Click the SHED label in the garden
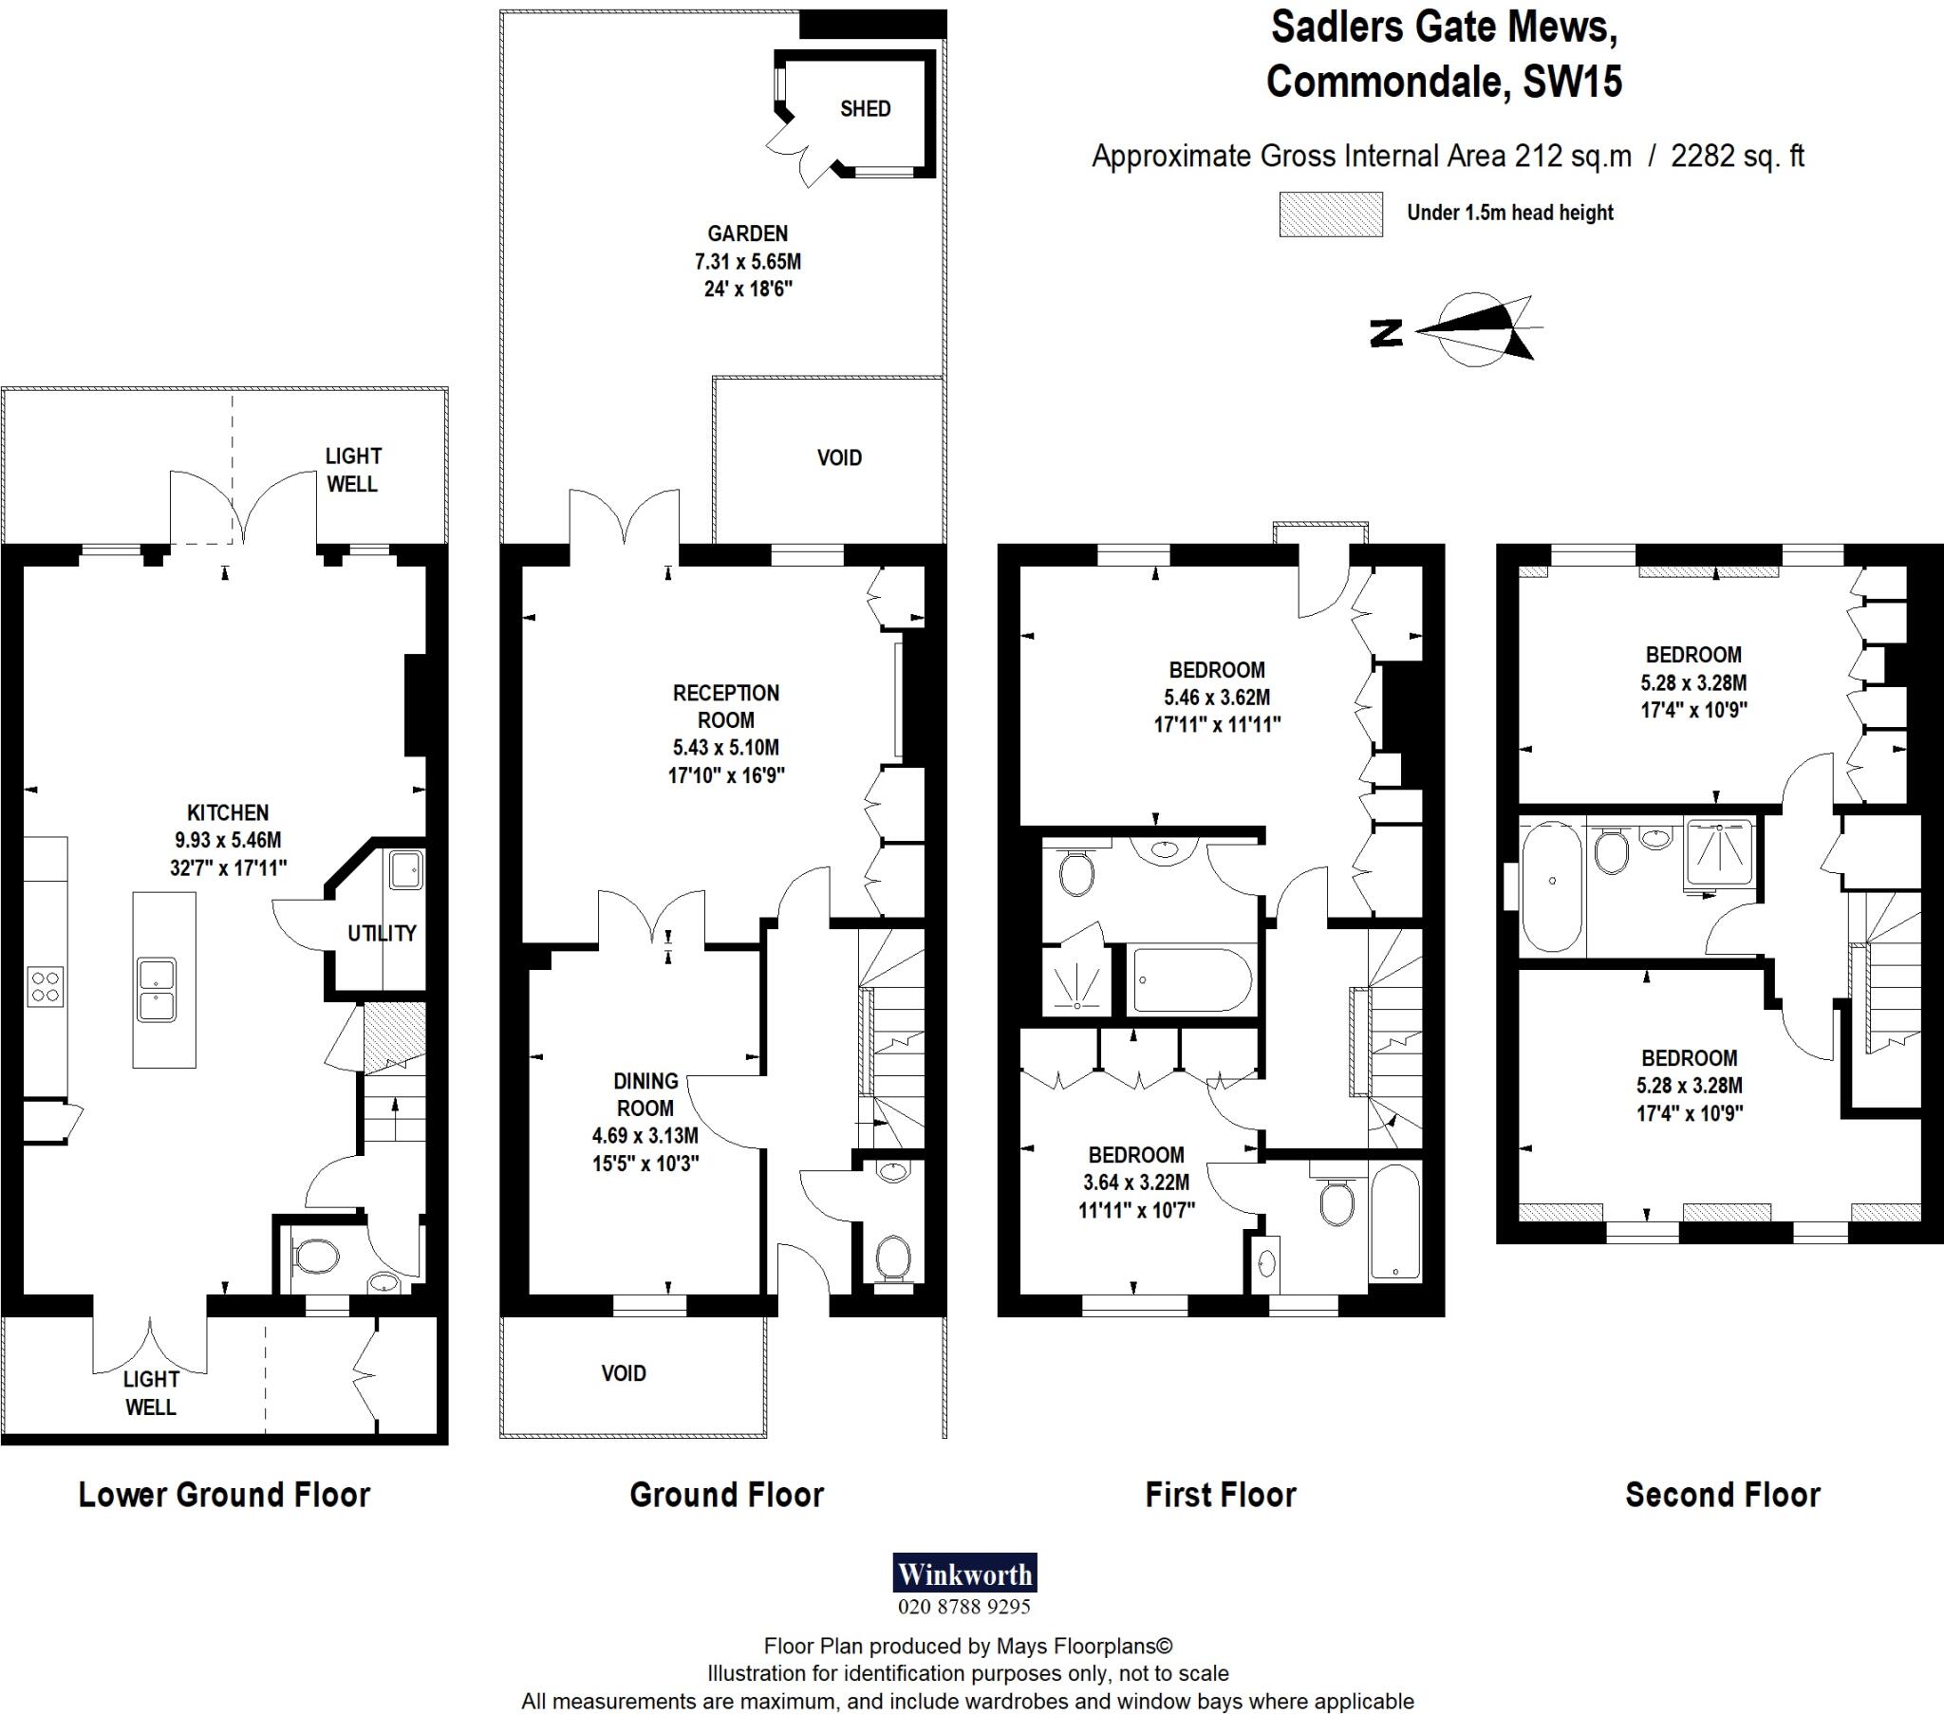point(865,109)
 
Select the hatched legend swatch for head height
point(1330,214)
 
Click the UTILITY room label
point(382,933)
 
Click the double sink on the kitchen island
point(156,989)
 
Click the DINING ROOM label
point(645,1094)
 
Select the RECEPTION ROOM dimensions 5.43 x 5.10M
point(725,748)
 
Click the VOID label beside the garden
point(839,458)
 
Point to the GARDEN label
point(748,233)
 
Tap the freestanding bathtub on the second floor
point(1551,886)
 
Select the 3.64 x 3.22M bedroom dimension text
point(1135,1183)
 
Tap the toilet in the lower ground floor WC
point(317,1258)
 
